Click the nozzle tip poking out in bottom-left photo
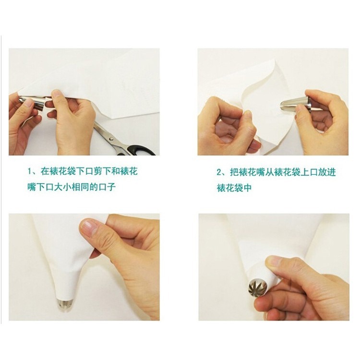[x=65, y=303]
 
